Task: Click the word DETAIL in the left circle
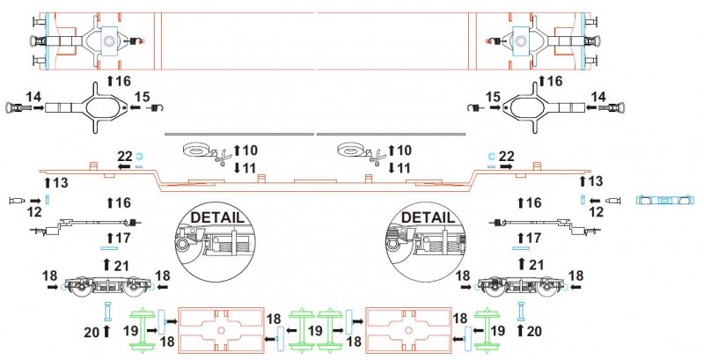(217, 217)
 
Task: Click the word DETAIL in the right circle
(428, 217)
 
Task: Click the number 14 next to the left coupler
(33, 97)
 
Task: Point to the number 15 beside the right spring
(493, 97)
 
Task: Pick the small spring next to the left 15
(155, 107)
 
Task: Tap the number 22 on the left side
(125, 156)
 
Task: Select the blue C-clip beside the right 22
(490, 156)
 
